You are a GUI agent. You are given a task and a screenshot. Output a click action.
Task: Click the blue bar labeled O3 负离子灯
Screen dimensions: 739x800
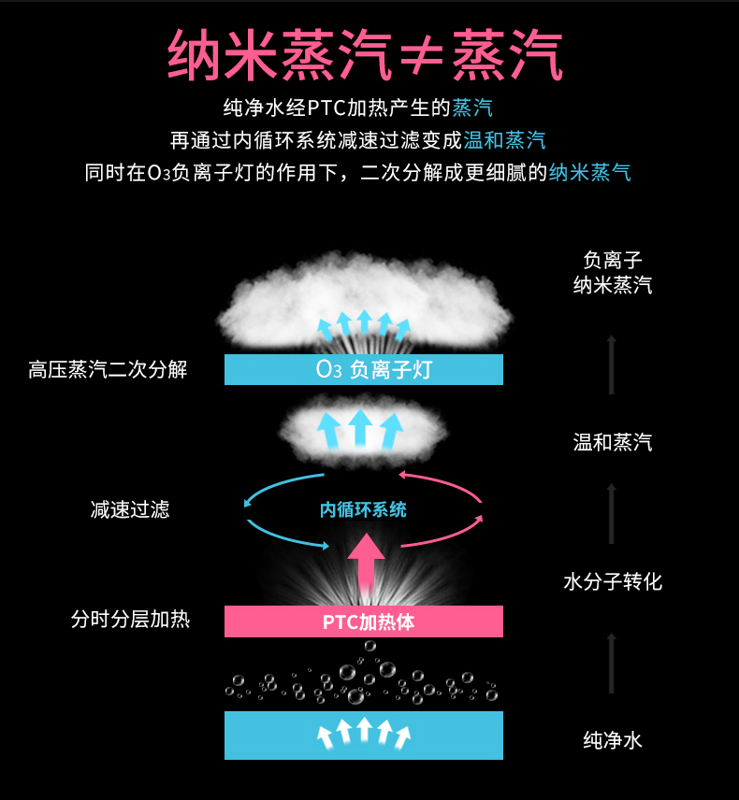(x=364, y=370)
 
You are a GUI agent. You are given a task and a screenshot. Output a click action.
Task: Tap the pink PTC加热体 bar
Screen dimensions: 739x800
(x=364, y=621)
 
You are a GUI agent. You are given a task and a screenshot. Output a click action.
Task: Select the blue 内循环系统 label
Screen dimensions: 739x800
(x=363, y=509)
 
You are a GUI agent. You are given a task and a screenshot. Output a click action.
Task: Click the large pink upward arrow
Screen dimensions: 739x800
(x=366, y=561)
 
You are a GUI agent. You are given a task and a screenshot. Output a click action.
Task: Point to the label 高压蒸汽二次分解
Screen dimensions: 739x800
(x=108, y=370)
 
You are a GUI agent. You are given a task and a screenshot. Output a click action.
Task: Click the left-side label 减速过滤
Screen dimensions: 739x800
(x=130, y=509)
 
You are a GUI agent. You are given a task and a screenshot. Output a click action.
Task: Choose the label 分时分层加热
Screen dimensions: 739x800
(x=130, y=619)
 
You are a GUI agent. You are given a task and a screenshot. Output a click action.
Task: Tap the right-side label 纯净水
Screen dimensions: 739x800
(x=613, y=741)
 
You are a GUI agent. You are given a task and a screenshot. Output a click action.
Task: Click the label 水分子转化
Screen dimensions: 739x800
(x=613, y=581)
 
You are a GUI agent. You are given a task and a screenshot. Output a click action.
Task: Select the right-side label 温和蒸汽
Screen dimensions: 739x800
(x=613, y=442)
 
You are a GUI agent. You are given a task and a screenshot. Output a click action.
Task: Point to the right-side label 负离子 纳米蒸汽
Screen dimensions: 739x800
(x=613, y=273)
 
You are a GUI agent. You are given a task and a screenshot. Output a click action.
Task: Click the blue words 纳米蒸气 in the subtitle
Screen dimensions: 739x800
(x=589, y=173)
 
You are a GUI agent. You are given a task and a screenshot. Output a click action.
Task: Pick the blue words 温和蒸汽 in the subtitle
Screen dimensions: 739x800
(x=504, y=140)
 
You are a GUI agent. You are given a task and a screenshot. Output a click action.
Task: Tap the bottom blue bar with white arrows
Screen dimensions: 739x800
(x=364, y=736)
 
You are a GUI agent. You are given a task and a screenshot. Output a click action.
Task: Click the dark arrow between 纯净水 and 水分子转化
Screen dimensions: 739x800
(x=612, y=664)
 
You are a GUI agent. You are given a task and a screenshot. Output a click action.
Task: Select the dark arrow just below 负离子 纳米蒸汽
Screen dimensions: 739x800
(x=612, y=364)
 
